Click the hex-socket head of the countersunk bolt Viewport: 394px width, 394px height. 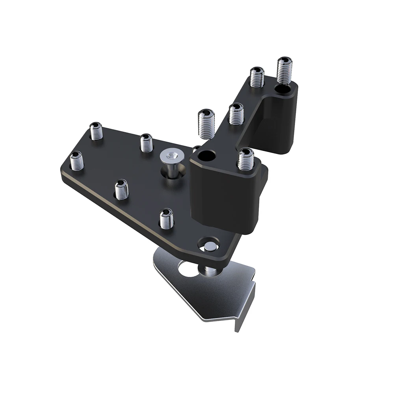pos(169,157)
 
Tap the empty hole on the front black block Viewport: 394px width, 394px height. pos(206,156)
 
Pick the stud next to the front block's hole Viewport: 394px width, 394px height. pos(245,159)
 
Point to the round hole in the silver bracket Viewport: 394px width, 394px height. pos(188,269)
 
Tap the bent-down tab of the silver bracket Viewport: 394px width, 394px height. pos(244,307)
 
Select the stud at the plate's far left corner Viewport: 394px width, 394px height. pos(77,161)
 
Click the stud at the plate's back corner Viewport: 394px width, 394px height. pos(96,131)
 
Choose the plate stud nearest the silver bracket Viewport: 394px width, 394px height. pos(167,218)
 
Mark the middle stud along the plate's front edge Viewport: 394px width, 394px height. pos(122,189)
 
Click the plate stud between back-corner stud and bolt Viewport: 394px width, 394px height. pos(146,143)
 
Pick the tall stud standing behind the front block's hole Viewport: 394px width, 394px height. pos(206,123)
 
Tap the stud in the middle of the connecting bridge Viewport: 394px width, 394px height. pos(236,114)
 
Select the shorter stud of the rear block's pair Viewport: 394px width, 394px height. pos(257,77)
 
